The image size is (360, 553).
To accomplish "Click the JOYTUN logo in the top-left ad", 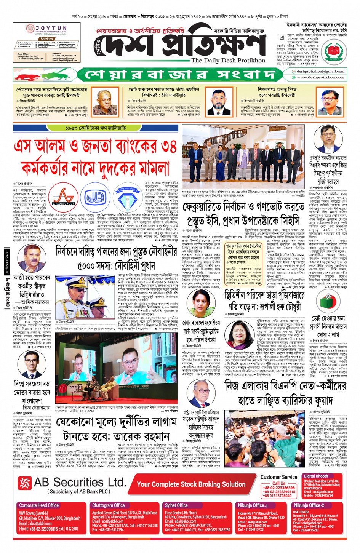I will [x=46, y=29].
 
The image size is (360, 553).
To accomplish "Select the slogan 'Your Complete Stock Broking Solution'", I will [x=191, y=484].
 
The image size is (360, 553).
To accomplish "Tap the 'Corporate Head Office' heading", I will [x=39, y=505].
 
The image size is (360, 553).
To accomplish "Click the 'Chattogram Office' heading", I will [x=108, y=505].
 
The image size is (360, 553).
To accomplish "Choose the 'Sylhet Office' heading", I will [x=176, y=505].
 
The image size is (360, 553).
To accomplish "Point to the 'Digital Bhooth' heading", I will [x=316, y=476].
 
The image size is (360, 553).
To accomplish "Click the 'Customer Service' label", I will [x=279, y=477].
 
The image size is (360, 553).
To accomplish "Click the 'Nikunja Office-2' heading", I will [x=309, y=505].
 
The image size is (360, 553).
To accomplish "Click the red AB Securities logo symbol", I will [x=25, y=483].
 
